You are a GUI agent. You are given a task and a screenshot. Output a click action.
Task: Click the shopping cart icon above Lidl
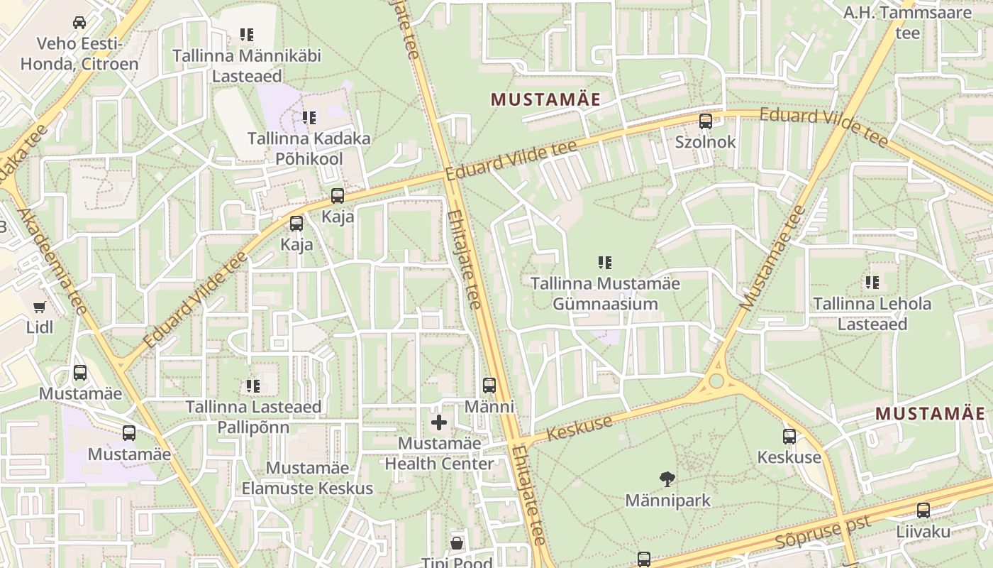coord(39,307)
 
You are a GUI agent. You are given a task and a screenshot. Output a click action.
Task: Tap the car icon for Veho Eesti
coord(79,23)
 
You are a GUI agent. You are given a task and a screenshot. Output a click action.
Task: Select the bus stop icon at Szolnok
coord(705,121)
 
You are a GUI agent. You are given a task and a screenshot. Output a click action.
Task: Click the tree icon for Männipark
coord(667,480)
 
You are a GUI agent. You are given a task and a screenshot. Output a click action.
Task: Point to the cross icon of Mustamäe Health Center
coord(439,423)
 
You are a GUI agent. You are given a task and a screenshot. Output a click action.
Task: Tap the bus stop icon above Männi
coord(489,386)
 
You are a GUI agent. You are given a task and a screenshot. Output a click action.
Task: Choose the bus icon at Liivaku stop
coord(923,510)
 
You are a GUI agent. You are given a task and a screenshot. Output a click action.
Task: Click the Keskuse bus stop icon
coord(789,437)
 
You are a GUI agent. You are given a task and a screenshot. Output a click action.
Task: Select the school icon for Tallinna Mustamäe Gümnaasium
coord(605,263)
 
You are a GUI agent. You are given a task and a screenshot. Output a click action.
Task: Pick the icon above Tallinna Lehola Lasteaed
coord(872,283)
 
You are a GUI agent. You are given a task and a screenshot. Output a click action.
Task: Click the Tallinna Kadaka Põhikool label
coord(309,148)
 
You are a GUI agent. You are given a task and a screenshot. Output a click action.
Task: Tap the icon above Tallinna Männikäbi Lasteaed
coord(246,35)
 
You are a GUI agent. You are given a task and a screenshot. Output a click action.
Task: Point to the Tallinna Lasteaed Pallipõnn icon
coord(253,386)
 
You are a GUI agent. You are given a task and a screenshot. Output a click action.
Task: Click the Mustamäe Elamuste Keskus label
coord(307,478)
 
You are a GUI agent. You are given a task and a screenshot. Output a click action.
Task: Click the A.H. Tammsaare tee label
coord(907,22)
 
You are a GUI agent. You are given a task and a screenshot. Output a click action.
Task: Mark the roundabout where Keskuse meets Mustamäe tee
coord(716,381)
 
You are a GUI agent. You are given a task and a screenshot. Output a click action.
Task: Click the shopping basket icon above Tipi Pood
coord(457,543)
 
